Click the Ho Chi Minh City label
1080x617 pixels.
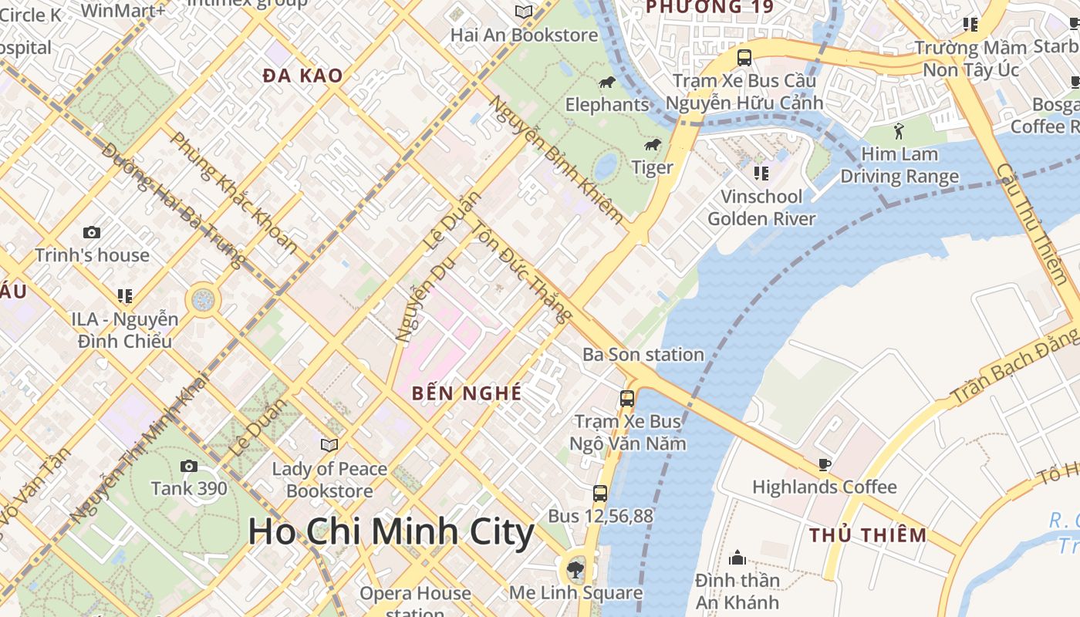(x=391, y=533)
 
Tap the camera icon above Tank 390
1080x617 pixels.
(x=188, y=466)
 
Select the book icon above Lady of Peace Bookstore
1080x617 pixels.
(x=329, y=445)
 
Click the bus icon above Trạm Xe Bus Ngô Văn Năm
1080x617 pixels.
(x=627, y=399)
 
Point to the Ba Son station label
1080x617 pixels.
(x=643, y=355)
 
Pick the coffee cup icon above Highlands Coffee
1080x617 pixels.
(x=824, y=464)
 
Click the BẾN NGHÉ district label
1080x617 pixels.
(x=467, y=393)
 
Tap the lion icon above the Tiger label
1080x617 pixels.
(x=653, y=145)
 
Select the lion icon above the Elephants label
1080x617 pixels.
(x=607, y=82)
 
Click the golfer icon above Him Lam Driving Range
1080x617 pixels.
(x=899, y=130)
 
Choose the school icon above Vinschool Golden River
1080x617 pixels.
(x=761, y=174)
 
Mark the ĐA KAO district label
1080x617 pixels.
(x=302, y=76)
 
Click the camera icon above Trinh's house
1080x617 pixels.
(x=91, y=232)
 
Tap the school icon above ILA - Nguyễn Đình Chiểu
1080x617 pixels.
(x=124, y=296)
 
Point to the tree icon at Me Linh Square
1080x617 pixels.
(x=575, y=570)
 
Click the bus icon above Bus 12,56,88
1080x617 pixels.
(x=600, y=494)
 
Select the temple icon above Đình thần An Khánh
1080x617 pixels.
(x=737, y=558)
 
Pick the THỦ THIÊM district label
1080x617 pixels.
(x=868, y=535)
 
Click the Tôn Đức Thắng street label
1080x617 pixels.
(x=522, y=271)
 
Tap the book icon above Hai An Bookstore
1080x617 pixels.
(x=524, y=12)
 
